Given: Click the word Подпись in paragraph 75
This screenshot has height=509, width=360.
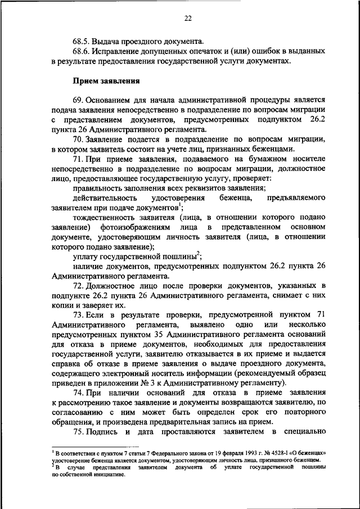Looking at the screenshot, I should pyautogui.click(x=105, y=431).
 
